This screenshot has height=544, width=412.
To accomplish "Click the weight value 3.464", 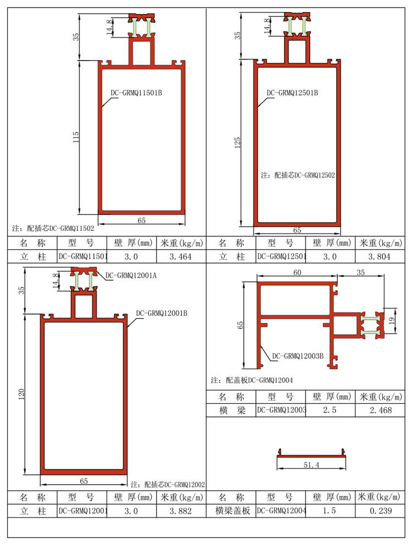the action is pyautogui.click(x=180, y=257).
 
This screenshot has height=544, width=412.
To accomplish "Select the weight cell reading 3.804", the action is pyautogui.click(x=379, y=257).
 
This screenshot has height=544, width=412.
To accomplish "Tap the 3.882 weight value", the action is pyautogui.click(x=180, y=511).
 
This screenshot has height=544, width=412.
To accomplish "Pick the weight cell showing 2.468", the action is pyautogui.click(x=381, y=410).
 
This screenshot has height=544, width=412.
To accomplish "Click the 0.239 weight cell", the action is pyautogui.click(x=381, y=510).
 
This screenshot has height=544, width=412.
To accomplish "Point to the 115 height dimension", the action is pyautogui.click(x=76, y=137).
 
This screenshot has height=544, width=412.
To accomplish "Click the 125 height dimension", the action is pyautogui.click(x=237, y=142).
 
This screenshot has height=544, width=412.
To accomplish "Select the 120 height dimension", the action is pyautogui.click(x=21, y=394).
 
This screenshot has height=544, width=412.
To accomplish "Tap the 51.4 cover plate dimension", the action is pyautogui.click(x=311, y=465).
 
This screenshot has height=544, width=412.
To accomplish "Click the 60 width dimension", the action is pyautogui.click(x=297, y=273).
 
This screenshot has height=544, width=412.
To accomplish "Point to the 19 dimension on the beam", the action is pyautogui.click(x=392, y=320).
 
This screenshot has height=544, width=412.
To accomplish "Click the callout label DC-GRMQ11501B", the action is pyautogui.click(x=136, y=93).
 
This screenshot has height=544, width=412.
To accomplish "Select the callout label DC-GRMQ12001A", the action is pyautogui.click(x=131, y=275).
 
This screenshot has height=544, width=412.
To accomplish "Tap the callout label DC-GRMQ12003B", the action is pyautogui.click(x=298, y=356).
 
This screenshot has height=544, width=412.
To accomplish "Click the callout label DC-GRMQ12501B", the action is pyautogui.click(x=292, y=93).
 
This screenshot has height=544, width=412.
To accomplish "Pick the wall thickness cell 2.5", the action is pyautogui.click(x=330, y=410).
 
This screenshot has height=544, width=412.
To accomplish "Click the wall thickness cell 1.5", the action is pyautogui.click(x=330, y=510).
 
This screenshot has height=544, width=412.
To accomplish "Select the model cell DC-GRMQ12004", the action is pyautogui.click(x=281, y=510).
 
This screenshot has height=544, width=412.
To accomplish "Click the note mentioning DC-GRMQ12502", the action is pyautogui.click(x=298, y=175).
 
